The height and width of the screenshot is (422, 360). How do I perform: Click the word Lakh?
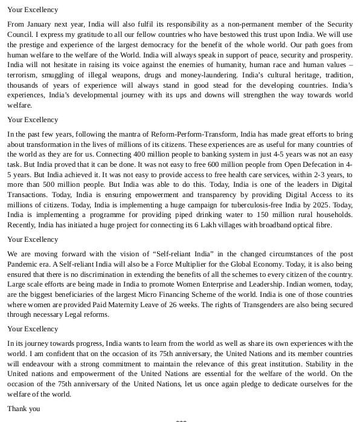(195, 225)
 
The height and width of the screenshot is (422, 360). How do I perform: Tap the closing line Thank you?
(24, 409)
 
